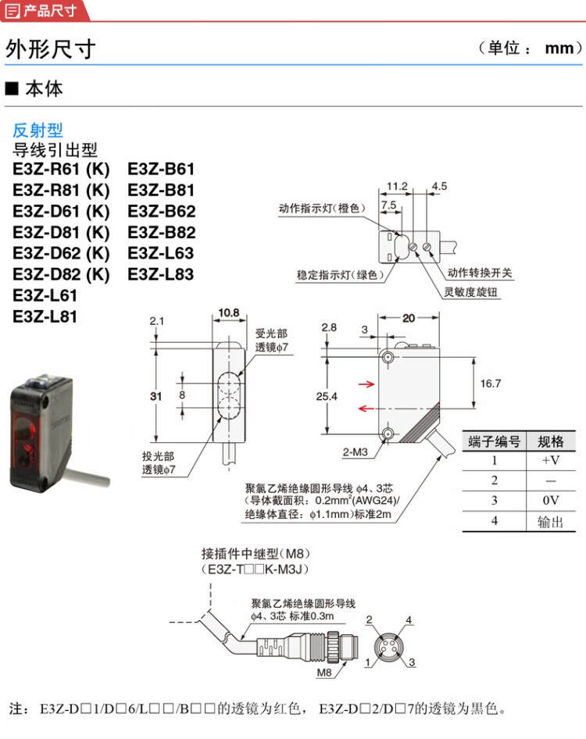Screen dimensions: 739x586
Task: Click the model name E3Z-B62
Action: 161,211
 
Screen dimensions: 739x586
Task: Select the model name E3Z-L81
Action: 45,316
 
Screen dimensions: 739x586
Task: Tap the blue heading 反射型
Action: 38,130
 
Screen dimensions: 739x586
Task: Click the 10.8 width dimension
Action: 229,313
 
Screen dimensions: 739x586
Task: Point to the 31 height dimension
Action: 155,397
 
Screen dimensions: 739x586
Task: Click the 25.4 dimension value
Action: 307,397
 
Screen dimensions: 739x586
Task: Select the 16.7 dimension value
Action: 491,384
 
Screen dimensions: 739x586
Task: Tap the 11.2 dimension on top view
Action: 397,187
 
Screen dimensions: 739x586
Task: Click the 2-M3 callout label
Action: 356,451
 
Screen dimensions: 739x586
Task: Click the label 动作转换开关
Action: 480,273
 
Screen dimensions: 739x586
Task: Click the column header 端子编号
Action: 494,441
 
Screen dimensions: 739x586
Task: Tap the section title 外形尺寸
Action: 50,49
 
